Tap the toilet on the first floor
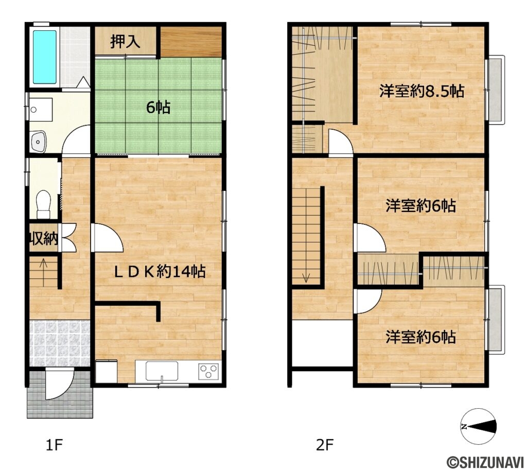(44, 203)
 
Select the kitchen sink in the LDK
(162, 370)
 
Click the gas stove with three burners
(209, 371)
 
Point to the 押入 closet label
(125, 42)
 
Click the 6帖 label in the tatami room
(159, 108)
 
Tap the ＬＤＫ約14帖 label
(160, 271)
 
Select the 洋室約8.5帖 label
(421, 92)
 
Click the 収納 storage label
(43, 238)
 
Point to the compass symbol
(478, 426)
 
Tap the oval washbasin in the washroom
(38, 141)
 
